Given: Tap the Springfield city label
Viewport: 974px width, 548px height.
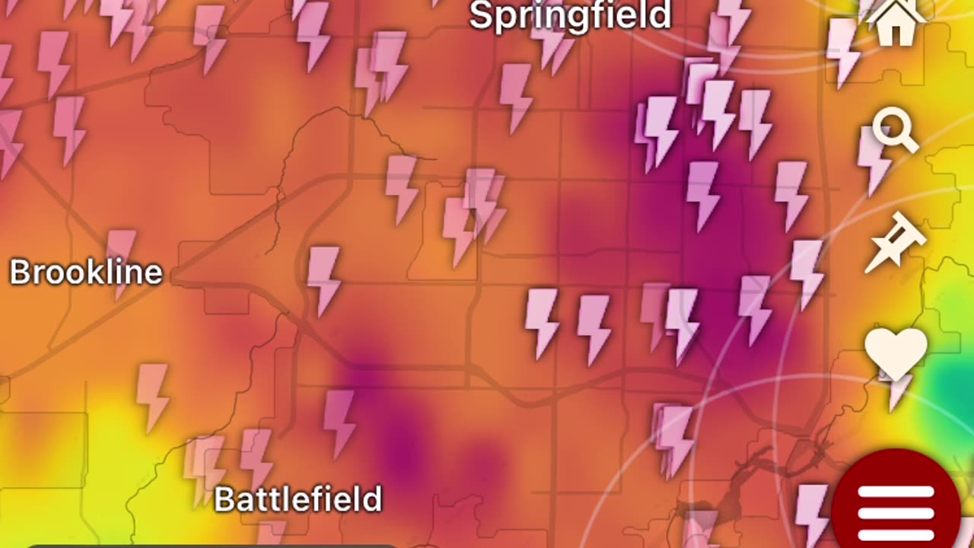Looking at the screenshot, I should pos(570,16).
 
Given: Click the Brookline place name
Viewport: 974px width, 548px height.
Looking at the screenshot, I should pos(86,272).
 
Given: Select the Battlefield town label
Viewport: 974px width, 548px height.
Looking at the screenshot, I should pos(298,499).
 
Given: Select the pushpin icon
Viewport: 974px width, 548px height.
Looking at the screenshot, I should pos(896,241).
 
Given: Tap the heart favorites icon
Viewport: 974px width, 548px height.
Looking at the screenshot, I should pos(896,352).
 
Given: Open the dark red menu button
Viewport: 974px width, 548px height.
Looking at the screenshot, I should pos(896,502).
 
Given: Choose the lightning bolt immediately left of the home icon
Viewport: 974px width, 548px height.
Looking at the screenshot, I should pos(842,49).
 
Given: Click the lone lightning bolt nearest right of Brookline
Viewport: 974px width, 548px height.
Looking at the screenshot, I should pos(323,279).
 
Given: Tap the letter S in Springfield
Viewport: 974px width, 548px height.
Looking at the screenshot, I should pos(480,17).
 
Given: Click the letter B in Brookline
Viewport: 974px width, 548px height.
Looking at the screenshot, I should pos(19,272).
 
